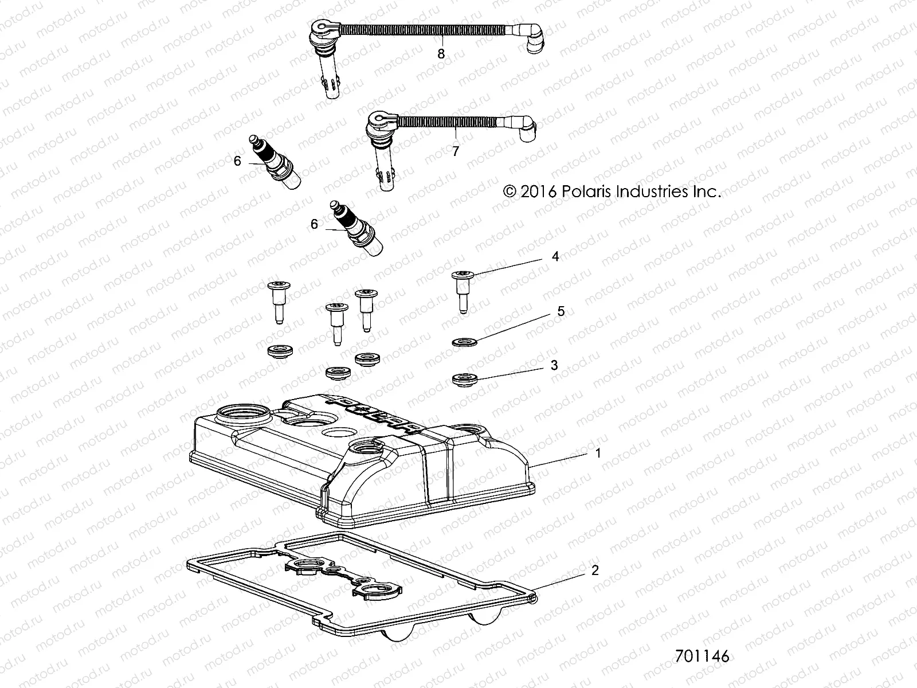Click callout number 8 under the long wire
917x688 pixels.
[441, 54]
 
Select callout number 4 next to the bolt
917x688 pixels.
[555, 256]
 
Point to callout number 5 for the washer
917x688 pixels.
[561, 311]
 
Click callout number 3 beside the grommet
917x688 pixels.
[554, 365]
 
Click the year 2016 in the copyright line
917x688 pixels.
[537, 191]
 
